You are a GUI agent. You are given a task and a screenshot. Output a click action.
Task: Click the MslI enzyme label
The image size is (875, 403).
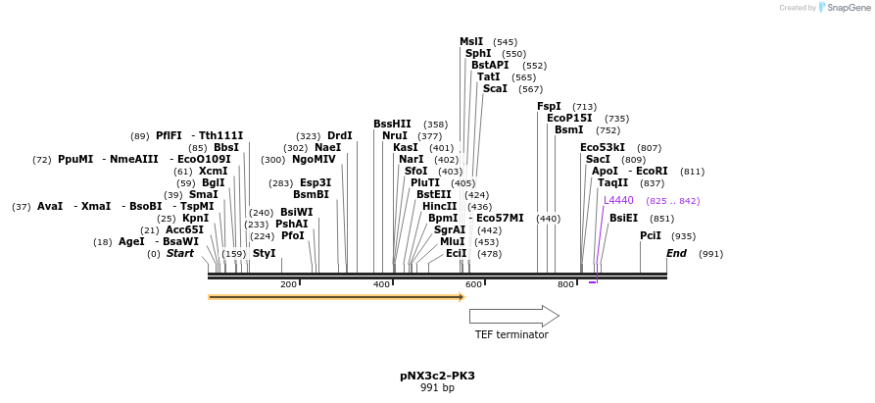click(471, 41)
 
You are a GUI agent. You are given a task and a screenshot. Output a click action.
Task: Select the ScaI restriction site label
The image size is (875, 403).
click(495, 88)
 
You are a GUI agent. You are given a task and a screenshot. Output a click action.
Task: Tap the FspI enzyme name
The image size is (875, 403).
click(549, 106)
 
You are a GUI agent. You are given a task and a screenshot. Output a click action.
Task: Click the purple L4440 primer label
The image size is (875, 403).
click(618, 200)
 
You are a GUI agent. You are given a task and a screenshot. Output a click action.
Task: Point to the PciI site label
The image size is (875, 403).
click(651, 235)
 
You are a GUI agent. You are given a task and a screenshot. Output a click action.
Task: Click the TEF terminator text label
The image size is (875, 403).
click(511, 334)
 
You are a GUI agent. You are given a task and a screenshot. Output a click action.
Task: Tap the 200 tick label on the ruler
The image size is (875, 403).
click(288, 284)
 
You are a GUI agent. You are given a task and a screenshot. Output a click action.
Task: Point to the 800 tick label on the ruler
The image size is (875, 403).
click(565, 284)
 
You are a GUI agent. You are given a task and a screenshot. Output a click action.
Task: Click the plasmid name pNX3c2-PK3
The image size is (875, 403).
click(437, 376)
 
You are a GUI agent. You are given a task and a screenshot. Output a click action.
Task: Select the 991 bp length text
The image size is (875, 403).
click(437, 388)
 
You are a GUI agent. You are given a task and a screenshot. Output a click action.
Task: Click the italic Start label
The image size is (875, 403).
click(180, 253)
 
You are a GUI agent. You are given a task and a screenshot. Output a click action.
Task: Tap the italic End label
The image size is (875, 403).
click(676, 253)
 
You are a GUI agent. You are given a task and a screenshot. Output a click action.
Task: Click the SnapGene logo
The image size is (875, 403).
click(846, 8)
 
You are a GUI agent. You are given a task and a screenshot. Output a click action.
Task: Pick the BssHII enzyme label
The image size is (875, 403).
click(392, 124)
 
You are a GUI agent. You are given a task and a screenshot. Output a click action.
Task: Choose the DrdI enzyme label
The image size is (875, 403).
click(340, 135)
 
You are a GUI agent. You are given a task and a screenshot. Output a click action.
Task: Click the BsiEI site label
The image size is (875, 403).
click(623, 218)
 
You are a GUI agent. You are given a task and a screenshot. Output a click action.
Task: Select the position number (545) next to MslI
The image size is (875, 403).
click(505, 42)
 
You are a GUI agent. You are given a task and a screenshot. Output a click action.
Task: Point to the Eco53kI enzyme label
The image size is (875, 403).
click(603, 147)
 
